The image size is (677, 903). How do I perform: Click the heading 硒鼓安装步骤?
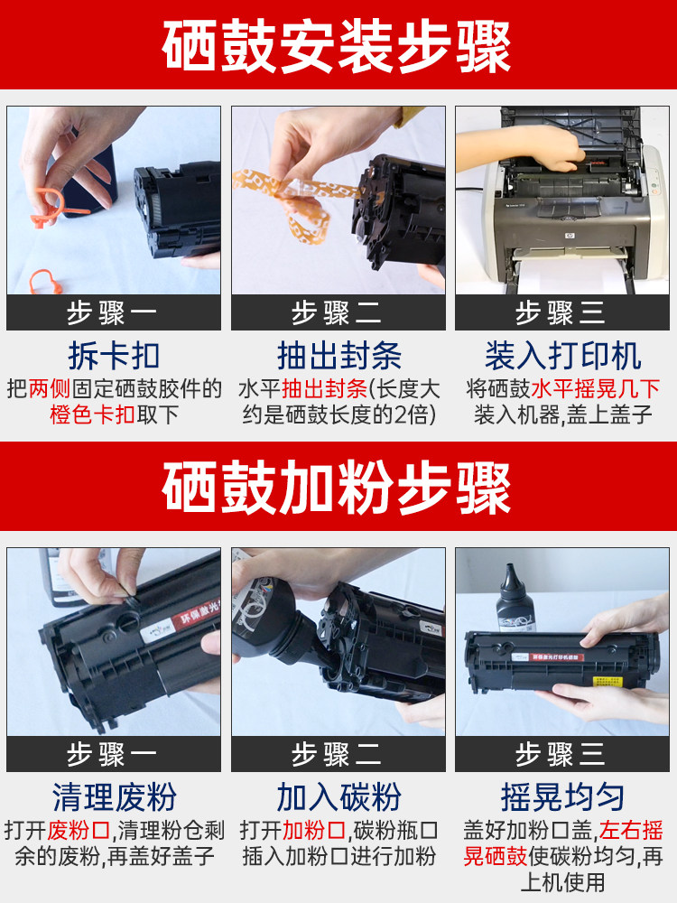337,46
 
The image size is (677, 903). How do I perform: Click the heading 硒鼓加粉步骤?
337,489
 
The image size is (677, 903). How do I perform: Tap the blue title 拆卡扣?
114,355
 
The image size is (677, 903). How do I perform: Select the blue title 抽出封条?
339,355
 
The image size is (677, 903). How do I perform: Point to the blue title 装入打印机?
562,355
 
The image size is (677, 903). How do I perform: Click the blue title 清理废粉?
114,797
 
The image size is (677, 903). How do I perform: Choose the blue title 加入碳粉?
338,797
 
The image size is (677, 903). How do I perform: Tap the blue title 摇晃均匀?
562,797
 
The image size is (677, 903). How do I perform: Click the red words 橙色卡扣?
92,414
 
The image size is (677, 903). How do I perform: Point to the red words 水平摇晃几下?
595,388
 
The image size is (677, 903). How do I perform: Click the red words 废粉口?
79,831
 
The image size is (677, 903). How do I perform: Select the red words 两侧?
50,388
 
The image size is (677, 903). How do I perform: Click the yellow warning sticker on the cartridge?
607,682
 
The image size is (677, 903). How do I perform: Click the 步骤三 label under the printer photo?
561,313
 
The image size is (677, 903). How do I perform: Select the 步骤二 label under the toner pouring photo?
337,754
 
